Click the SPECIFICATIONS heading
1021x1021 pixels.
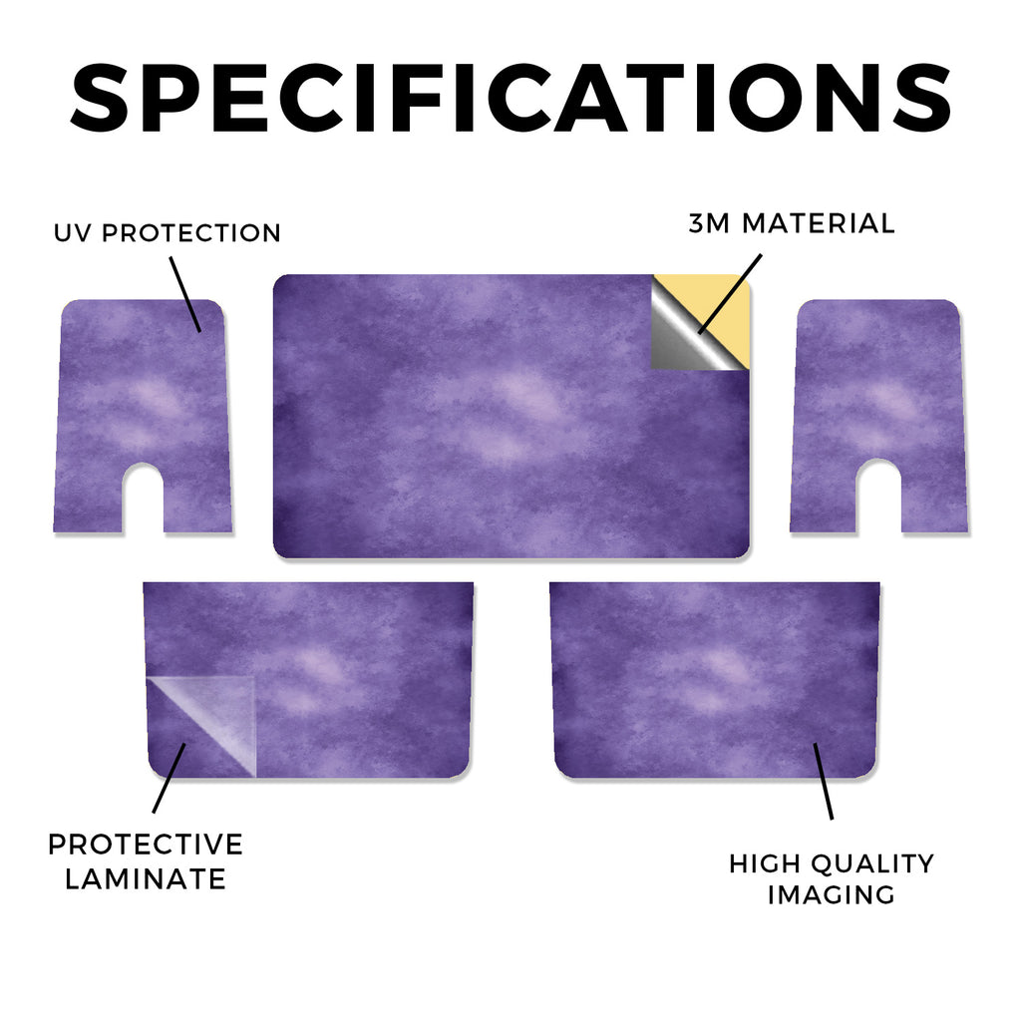coord(510,98)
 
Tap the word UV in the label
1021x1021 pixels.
coord(73,233)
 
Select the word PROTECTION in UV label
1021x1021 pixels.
coord(190,233)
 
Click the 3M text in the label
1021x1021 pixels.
coord(709,223)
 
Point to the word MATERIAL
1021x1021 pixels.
coord(818,223)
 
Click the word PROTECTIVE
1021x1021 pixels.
coord(146,845)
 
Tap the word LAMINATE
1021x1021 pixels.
coord(146,879)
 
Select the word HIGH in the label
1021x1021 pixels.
coord(764,864)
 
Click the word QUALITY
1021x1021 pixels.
coord(872,864)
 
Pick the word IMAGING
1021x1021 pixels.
coord(832,894)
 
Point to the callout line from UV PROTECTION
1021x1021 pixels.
coord(185,294)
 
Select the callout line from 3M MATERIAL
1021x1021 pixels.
coord(729,294)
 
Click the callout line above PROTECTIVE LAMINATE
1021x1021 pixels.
coord(170,778)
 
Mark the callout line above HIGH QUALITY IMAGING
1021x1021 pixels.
coord(823,781)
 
